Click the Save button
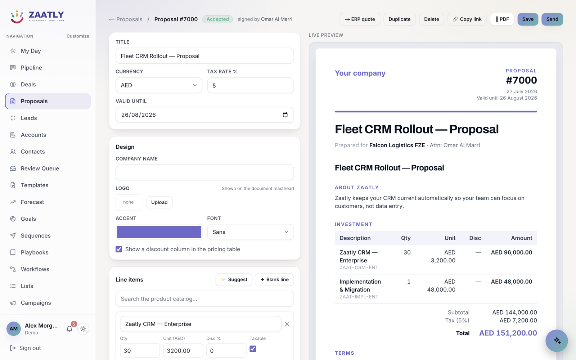(528, 19)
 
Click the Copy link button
(467, 19)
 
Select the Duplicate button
(399, 19)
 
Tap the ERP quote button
(360, 19)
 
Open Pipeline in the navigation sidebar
(31, 68)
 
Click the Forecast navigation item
(32, 202)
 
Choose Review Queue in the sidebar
(40, 168)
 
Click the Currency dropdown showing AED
(159, 85)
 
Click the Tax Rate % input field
(251, 85)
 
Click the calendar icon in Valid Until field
(285, 115)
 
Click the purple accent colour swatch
(159, 232)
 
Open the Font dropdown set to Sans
(251, 232)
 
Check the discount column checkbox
(119, 249)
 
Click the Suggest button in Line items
(234, 279)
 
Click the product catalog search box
(205, 299)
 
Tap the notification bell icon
(69, 329)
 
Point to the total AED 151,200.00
(508, 333)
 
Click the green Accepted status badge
(217, 19)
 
